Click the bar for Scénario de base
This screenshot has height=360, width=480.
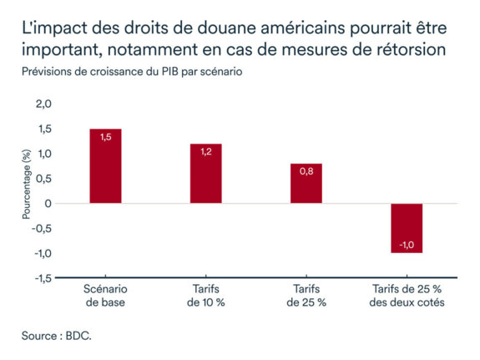[105, 167]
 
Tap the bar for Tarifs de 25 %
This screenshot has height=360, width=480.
[306, 184]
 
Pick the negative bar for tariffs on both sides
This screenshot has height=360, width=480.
[407, 227]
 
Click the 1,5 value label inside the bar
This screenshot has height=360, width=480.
[106, 137]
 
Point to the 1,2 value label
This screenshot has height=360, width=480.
[206, 152]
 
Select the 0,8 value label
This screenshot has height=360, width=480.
[306, 172]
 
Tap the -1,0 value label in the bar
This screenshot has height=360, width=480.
[407, 245]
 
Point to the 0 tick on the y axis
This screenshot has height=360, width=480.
[48, 204]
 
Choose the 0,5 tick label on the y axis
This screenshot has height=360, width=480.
[43, 179]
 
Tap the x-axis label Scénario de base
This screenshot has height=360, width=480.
[105, 295]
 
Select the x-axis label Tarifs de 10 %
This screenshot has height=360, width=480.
[206, 295]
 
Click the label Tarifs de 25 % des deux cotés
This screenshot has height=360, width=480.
[407, 295]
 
